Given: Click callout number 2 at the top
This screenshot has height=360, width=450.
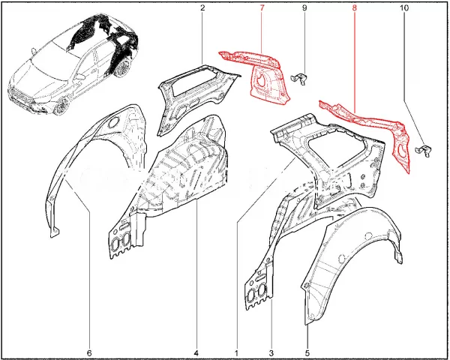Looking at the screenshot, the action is tap(202, 8).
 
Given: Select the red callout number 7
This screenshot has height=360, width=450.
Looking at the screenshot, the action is tap(262, 8).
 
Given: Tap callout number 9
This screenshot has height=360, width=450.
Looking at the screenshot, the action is tap(304, 8).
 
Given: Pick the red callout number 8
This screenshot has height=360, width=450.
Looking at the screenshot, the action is tap(355, 8).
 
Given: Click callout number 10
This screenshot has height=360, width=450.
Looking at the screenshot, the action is tap(403, 8).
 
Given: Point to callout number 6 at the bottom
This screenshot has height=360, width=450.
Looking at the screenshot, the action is tap(89, 352).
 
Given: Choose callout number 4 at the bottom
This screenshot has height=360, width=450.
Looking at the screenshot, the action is tap(196, 352).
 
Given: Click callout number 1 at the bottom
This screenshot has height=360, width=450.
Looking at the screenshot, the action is tap(237, 352).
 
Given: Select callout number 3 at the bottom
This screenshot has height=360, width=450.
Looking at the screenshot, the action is tap(271, 352).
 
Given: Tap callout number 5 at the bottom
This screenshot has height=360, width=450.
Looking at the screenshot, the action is tap(307, 352).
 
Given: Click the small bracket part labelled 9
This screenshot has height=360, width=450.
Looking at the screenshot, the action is tap(299, 78).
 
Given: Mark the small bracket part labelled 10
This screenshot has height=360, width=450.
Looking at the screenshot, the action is tap(424, 151).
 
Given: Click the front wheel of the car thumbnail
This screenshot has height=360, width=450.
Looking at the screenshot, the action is tap(62, 106).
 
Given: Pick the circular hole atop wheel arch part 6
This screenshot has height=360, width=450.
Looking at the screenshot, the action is tap(114, 122).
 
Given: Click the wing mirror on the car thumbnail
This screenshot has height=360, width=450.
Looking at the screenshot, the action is tap(34, 51).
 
